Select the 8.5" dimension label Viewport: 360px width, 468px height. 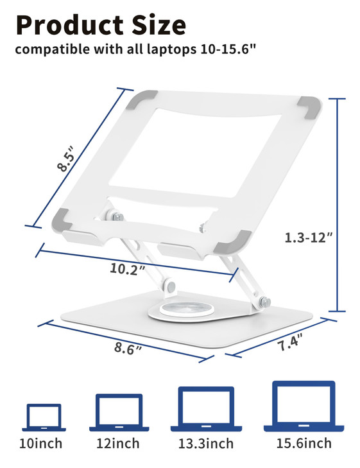[66, 159]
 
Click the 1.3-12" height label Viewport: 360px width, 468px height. [309, 237]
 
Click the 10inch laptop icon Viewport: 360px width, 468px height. [44, 417]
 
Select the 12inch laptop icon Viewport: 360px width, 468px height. [119, 412]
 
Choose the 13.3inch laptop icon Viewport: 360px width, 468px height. [206, 408]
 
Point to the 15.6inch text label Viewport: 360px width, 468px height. [304, 443]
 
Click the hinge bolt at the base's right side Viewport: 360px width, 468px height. [265, 301]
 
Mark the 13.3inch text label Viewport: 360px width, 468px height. [206, 444]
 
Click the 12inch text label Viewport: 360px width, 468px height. [119, 444]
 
